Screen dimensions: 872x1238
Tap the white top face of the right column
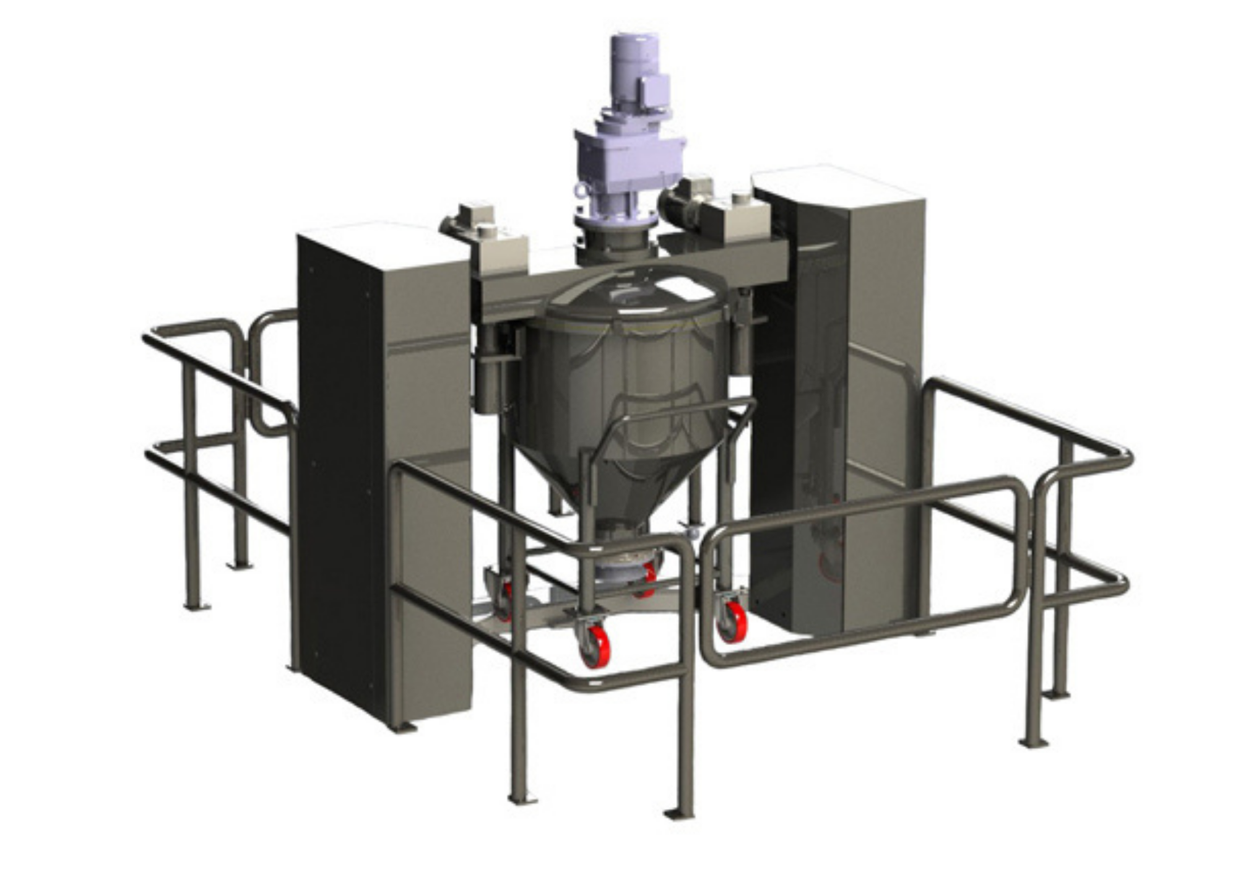point(836,183)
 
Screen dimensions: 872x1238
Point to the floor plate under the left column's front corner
point(402,727)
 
